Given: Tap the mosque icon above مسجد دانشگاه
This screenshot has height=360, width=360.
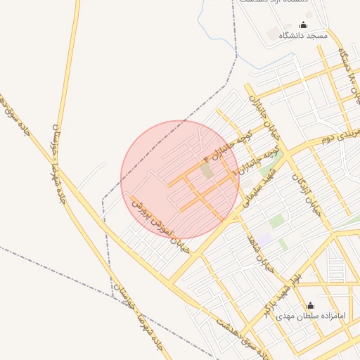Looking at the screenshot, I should (x=303, y=25).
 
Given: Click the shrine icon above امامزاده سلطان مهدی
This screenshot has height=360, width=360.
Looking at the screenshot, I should (x=311, y=305).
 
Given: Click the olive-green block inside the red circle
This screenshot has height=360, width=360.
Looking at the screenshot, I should (x=206, y=170).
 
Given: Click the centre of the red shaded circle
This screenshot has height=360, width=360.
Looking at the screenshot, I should (x=180, y=179).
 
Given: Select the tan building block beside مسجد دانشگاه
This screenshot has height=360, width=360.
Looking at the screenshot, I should (x=273, y=34).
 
